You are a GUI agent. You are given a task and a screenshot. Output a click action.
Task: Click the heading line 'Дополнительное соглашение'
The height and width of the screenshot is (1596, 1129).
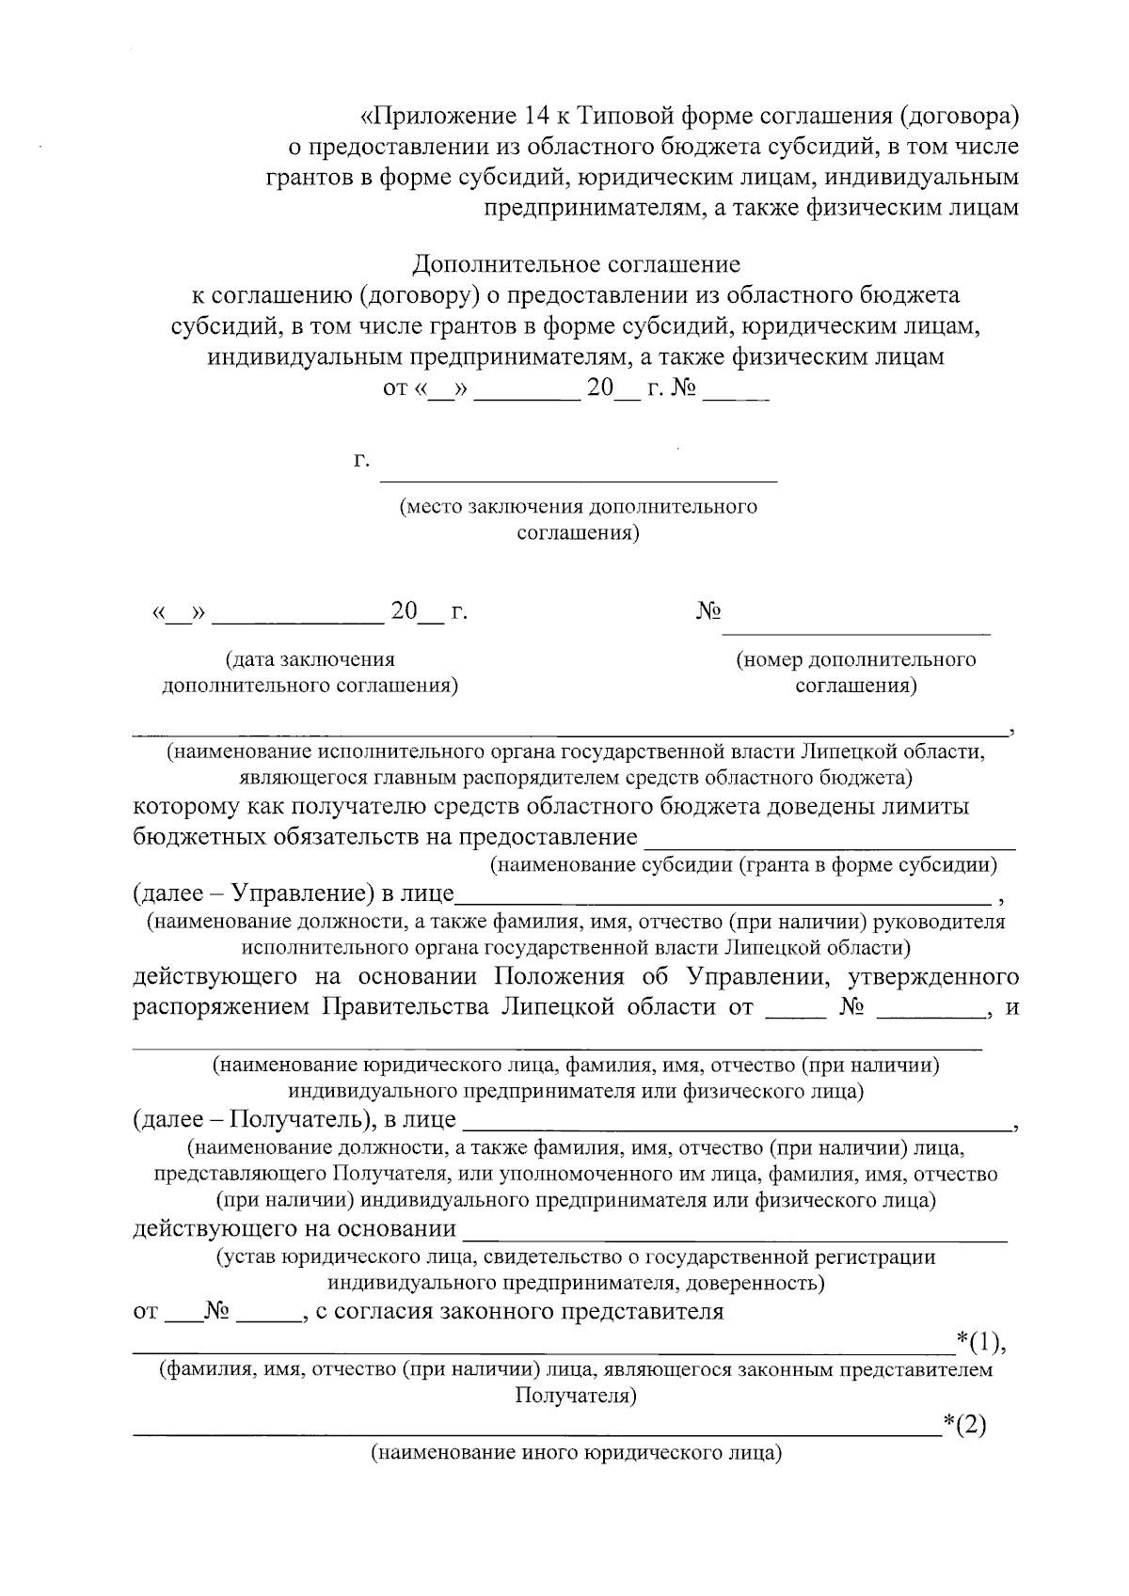(577, 264)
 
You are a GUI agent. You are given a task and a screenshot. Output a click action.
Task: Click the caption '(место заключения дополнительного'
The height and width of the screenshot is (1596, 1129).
(578, 508)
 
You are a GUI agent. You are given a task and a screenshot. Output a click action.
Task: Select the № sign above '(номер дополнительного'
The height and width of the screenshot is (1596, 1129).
(708, 612)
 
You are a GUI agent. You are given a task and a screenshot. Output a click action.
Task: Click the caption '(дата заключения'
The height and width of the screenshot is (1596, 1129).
(310, 659)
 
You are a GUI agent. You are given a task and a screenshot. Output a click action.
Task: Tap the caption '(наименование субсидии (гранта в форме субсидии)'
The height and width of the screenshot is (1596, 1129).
(743, 864)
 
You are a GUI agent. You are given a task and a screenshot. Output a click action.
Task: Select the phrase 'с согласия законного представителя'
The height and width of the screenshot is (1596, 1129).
(518, 1312)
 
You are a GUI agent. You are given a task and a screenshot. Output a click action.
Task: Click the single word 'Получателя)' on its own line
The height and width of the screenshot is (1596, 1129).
(577, 1397)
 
